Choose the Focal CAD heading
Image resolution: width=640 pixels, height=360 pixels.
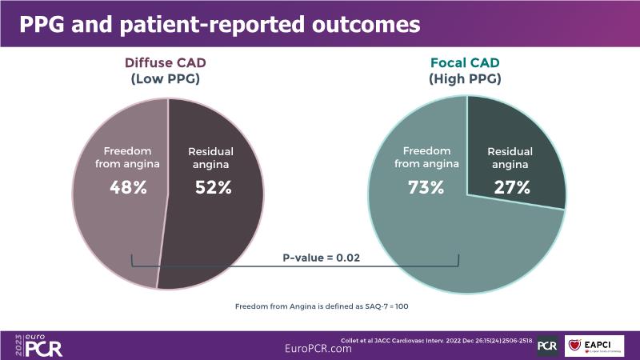pyautogui.click(x=466, y=63)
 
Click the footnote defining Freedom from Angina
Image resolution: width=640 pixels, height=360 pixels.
pyautogui.click(x=322, y=306)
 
